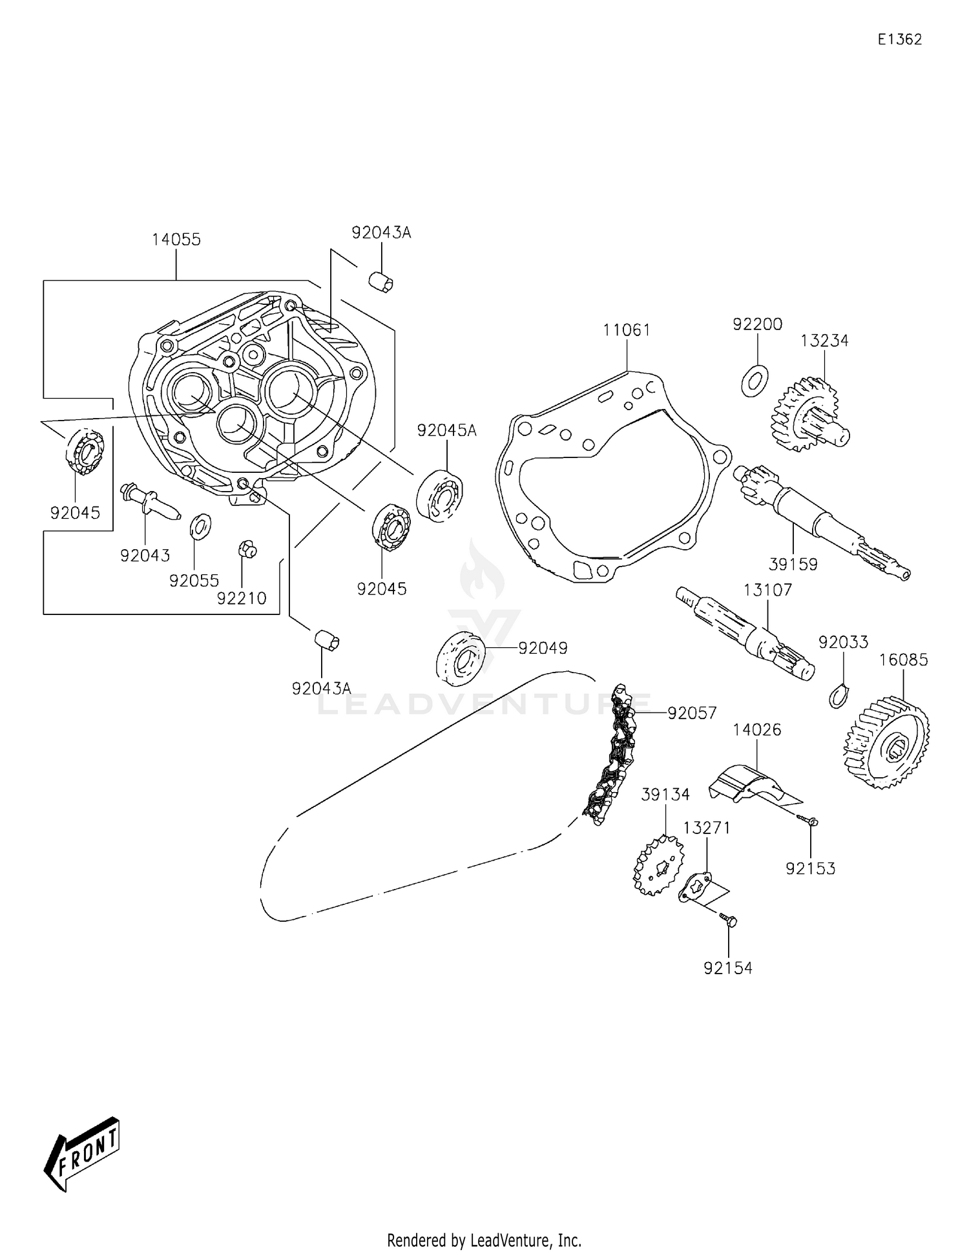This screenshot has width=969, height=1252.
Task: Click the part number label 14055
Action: (x=176, y=240)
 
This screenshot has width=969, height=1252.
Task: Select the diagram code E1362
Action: (x=899, y=39)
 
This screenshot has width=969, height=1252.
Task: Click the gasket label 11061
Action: (x=627, y=330)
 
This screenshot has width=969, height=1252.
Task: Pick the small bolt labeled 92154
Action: (x=728, y=920)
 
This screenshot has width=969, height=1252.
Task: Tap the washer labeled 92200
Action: (x=754, y=381)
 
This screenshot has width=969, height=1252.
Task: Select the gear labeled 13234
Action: (x=811, y=415)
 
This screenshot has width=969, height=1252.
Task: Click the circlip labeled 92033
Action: (x=839, y=695)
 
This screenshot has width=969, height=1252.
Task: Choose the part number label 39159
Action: (x=793, y=565)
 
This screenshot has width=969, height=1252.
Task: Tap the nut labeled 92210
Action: (x=247, y=550)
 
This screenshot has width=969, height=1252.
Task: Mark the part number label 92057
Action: (x=693, y=713)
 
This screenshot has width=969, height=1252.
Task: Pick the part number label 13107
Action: (x=767, y=590)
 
